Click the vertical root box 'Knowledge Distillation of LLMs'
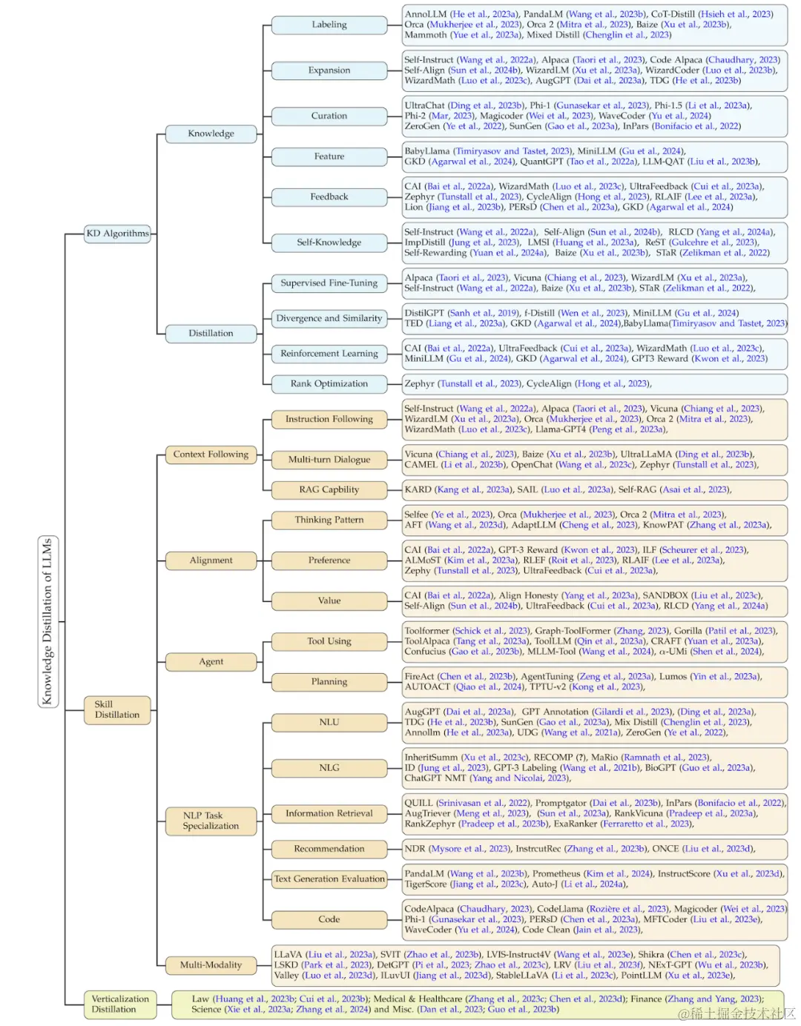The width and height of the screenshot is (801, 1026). point(47,621)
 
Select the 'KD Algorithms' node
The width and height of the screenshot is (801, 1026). point(117,234)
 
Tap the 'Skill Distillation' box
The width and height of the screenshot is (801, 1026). point(117,709)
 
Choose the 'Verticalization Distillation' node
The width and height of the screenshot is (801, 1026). point(120,1004)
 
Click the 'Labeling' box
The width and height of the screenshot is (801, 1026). point(329,24)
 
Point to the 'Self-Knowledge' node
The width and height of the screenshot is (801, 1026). point(329,242)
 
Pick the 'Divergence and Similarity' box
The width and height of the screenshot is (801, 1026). point(329,318)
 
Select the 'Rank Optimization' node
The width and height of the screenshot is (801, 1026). point(329,383)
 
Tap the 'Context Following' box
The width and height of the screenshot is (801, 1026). point(211,454)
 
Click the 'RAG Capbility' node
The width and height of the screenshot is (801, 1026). point(329,489)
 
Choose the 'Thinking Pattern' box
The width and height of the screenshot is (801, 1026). point(329,520)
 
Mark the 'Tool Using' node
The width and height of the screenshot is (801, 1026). point(329,641)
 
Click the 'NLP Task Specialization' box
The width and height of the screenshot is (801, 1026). point(211,820)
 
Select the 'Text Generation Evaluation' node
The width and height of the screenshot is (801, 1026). point(329,878)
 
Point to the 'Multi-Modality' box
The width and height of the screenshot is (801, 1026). point(211,964)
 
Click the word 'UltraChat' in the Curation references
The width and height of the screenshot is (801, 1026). point(425,106)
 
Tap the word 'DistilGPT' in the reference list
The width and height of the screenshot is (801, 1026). point(424,313)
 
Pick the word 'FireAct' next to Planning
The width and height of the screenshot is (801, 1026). point(419,676)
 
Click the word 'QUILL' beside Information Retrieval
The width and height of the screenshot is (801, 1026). point(418,802)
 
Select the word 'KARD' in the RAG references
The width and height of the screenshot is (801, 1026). point(418,489)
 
